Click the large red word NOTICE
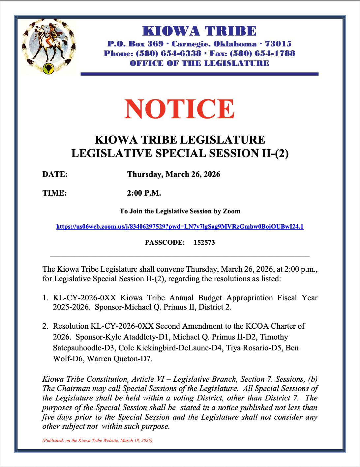pyautogui.click(x=180, y=109)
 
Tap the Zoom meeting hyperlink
pyautogui.click(x=180, y=227)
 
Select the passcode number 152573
pyautogui.click(x=204, y=243)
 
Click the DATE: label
pyautogui.click(x=55, y=175)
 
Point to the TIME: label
pyautogui.click(x=54, y=193)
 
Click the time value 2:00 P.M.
pyautogui.click(x=144, y=193)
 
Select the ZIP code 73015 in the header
pyautogui.click(x=278, y=44)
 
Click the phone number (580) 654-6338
pyautogui.click(x=168, y=53)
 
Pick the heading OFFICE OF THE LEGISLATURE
pyautogui.click(x=199, y=63)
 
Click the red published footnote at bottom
pyautogui.click(x=97, y=440)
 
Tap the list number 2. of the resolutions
pyautogui.click(x=45, y=326)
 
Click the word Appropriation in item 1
pyautogui.click(x=250, y=298)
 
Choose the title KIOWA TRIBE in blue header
pyautogui.click(x=199, y=31)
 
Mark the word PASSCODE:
pyautogui.click(x=165, y=243)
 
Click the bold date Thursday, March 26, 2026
pyautogui.click(x=174, y=175)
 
